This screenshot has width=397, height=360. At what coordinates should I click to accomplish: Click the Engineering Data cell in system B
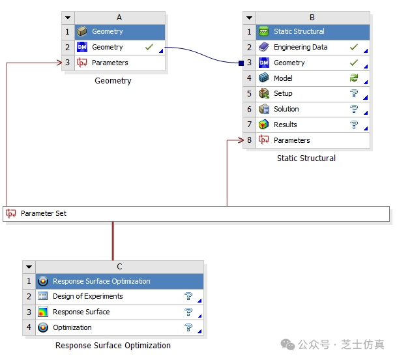pyautogui.click(x=301, y=47)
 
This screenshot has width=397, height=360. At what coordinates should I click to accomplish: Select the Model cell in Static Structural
pyautogui.click(x=283, y=78)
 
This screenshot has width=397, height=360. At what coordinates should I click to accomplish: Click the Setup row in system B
pyautogui.click(x=283, y=94)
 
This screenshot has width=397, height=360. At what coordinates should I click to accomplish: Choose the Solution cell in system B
pyautogui.click(x=286, y=110)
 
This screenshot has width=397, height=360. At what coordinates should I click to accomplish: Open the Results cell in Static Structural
pyautogui.click(x=285, y=125)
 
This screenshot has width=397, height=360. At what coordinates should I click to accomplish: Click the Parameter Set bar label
pyautogui.click(x=43, y=213)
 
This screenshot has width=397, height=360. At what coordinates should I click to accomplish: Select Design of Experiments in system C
pyautogui.click(x=87, y=297)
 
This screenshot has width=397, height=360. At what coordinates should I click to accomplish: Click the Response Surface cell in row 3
pyautogui.click(x=81, y=312)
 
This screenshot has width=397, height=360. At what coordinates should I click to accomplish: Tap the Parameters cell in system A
pyautogui.click(x=110, y=63)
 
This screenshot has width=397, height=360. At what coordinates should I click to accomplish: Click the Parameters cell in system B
pyautogui.click(x=291, y=141)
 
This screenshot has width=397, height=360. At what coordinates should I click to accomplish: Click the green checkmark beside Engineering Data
pyautogui.click(x=354, y=47)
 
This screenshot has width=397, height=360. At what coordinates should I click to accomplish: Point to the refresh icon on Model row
pyautogui.click(x=354, y=78)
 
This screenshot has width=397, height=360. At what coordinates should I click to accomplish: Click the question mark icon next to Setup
pyautogui.click(x=354, y=94)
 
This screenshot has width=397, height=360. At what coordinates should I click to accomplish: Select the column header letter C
pyautogui.click(x=119, y=266)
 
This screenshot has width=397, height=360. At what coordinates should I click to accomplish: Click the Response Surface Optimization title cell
pyautogui.click(x=101, y=282)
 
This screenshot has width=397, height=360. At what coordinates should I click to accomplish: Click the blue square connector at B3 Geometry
pyautogui.click(x=241, y=63)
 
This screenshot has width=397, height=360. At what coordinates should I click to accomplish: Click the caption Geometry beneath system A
pyautogui.click(x=113, y=81)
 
